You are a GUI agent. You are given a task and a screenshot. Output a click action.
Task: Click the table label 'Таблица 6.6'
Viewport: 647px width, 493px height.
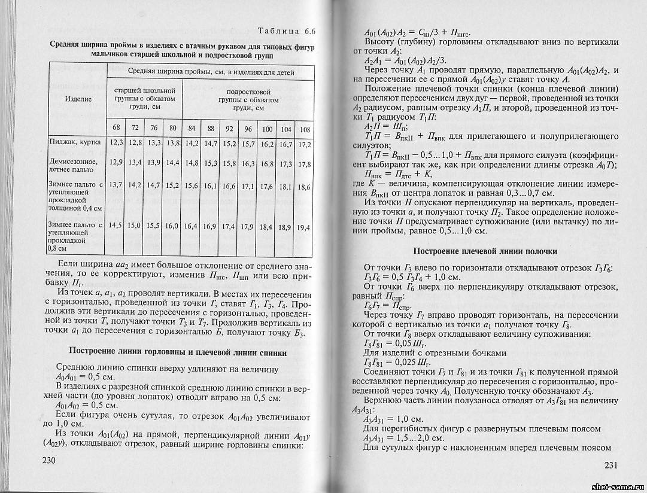pos(285,32)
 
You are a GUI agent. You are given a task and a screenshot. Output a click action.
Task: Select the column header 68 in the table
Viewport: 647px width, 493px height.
pos(116,128)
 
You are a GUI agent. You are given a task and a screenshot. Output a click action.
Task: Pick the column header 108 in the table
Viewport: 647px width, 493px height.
pos(305,130)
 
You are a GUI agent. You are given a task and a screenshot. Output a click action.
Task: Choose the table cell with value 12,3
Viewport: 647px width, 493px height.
pos(116,143)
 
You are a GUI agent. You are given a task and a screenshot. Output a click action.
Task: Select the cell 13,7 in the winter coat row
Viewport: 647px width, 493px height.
pos(116,185)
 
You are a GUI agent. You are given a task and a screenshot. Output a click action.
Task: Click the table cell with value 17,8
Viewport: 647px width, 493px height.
pos(304,164)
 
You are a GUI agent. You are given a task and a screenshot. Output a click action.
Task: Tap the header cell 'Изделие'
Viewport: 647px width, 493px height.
pos(78,99)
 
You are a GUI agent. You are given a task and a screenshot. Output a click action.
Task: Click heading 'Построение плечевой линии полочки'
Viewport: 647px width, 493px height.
pos(485,251)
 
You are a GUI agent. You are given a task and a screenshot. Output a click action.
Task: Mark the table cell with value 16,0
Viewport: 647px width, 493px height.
pos(172,226)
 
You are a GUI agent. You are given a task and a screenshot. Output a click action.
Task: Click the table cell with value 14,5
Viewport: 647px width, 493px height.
pos(116,225)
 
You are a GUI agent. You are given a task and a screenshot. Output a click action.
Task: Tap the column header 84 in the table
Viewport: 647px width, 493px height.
pos(192,129)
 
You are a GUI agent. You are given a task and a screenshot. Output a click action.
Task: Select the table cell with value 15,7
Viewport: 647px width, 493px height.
pos(248,144)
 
